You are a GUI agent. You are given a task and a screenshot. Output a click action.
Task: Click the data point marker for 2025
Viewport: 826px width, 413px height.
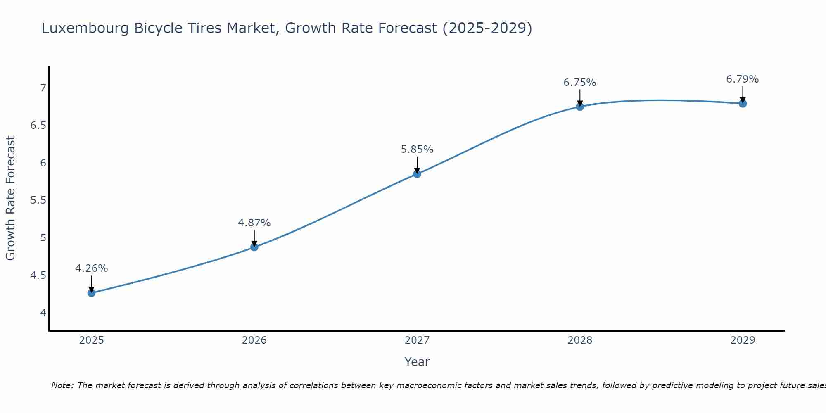[x=91, y=293]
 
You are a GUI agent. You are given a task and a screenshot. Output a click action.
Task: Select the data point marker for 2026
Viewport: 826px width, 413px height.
[x=254, y=247]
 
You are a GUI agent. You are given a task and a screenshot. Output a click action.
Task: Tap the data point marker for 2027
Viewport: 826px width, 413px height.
[x=417, y=174]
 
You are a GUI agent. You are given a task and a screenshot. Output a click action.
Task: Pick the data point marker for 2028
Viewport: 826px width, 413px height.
[x=580, y=107]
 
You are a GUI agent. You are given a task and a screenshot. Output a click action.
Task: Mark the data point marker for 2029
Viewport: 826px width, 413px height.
[x=743, y=103]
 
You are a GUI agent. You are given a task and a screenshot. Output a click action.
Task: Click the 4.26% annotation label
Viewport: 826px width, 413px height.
[x=91, y=268]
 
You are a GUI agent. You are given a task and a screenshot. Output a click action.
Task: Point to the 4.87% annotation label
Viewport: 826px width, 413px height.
[x=254, y=223]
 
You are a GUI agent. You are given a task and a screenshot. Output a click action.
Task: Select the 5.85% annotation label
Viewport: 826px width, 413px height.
[x=417, y=150]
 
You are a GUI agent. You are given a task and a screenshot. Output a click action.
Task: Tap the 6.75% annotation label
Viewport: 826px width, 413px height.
[x=580, y=83]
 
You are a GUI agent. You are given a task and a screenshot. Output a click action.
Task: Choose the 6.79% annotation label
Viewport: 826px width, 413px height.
[x=743, y=79]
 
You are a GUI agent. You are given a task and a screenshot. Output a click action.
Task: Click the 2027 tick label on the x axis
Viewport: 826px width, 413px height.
[x=417, y=340]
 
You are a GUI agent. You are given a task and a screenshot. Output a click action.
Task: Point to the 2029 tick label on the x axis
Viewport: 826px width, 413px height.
[x=743, y=340]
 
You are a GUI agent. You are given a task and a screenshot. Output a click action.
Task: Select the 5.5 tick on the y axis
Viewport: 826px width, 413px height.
[x=38, y=200]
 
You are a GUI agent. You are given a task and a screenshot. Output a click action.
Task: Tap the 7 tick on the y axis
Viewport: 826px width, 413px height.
[x=43, y=88]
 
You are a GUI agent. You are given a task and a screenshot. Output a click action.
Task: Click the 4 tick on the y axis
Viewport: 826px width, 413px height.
[x=43, y=313]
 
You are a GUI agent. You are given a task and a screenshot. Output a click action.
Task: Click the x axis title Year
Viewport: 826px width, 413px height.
[x=417, y=362]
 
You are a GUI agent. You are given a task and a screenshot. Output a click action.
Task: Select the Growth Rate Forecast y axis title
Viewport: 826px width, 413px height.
[x=10, y=198]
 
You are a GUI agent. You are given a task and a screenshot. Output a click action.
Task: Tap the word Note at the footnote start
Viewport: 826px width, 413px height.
[x=62, y=385]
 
